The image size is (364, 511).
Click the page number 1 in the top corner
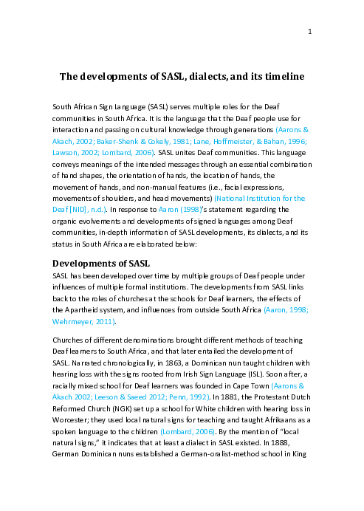click(310, 31)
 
